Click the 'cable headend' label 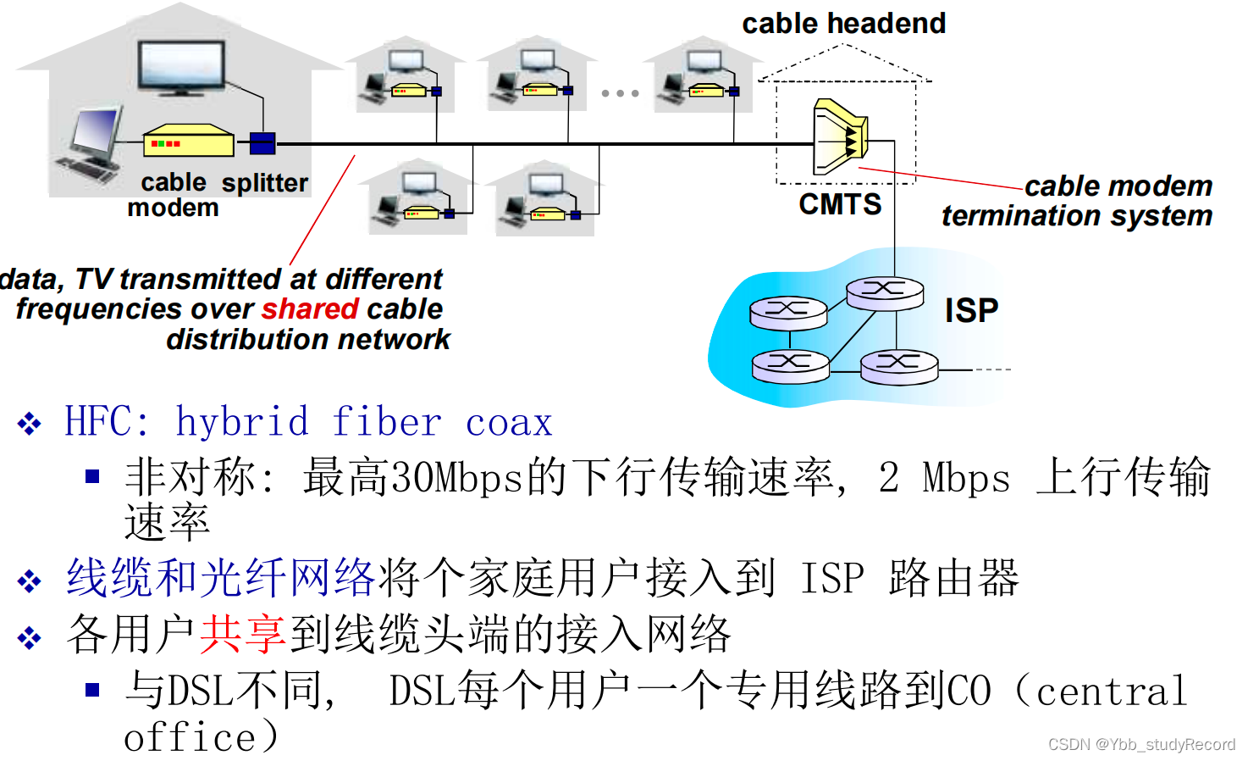843,24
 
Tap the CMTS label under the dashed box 840,204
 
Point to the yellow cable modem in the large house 188,142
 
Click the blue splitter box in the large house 262,143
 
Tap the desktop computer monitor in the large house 95,136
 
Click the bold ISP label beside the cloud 971,311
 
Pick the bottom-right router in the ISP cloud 899,365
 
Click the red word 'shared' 310,309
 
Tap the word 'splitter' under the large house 265,183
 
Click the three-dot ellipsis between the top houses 620,93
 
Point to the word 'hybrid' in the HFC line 242,422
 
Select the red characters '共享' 243,634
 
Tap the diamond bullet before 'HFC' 30,423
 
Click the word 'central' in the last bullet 1111,692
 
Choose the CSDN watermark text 1140,744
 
